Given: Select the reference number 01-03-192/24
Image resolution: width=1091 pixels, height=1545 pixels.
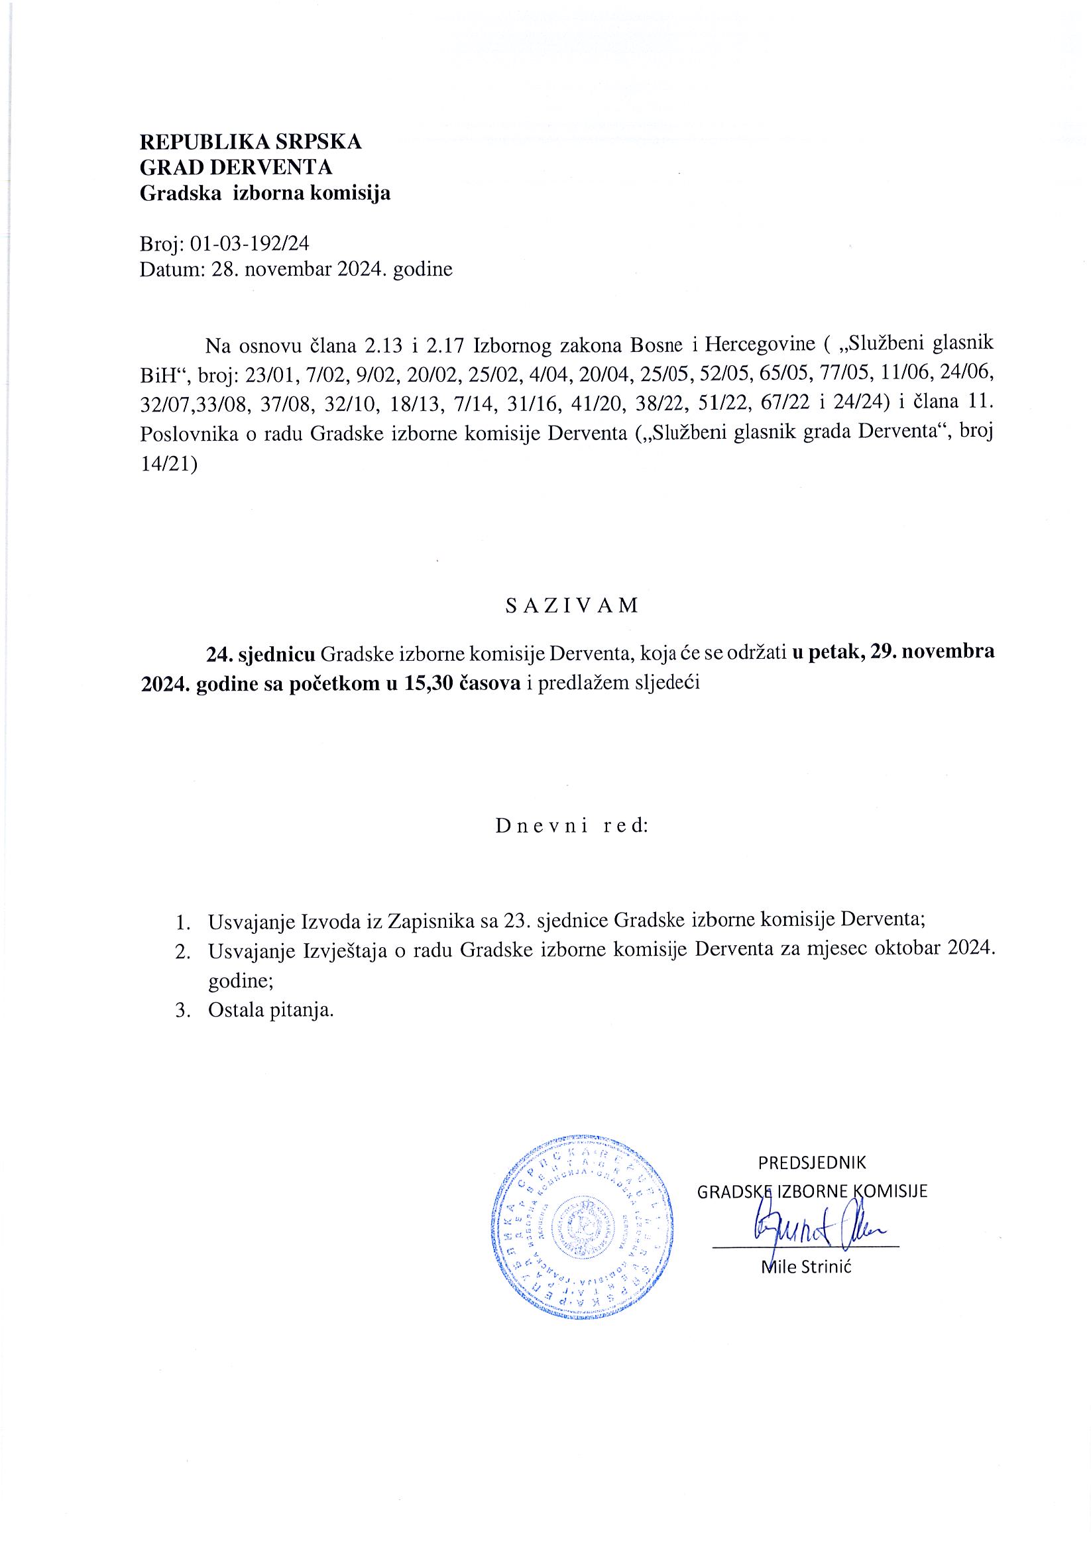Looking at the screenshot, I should tap(250, 244).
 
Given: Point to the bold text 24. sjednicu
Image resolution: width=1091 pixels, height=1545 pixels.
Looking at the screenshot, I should tap(260, 654).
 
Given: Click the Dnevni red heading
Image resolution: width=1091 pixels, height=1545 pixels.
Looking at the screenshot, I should tap(571, 827).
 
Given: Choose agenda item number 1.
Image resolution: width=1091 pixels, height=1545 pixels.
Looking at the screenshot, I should tap(180, 921).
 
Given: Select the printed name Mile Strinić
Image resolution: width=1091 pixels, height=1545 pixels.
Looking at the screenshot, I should tap(806, 1268).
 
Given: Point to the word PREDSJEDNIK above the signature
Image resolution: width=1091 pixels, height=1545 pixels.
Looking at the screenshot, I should tap(812, 1163).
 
